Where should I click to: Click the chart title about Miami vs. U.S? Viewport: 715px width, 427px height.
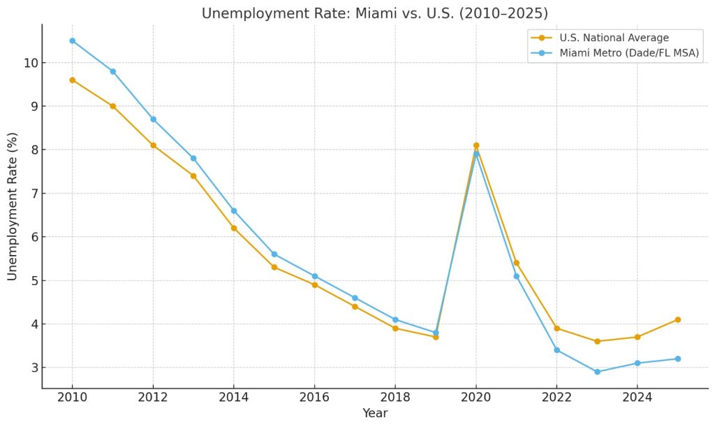click(x=375, y=13)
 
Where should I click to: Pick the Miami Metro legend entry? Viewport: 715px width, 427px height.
click(x=629, y=53)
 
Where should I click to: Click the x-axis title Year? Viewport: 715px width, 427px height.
click(x=375, y=413)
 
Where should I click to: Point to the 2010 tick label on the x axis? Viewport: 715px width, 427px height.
click(x=72, y=398)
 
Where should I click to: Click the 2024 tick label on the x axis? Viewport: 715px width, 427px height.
click(x=637, y=398)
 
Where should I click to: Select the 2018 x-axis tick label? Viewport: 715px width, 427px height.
click(x=395, y=398)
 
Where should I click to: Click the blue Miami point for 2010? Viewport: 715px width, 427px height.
click(x=72, y=41)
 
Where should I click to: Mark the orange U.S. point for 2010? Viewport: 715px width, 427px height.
click(x=72, y=80)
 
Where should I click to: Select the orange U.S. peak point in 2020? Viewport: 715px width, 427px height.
click(x=476, y=145)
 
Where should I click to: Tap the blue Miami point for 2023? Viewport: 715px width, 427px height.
click(x=597, y=372)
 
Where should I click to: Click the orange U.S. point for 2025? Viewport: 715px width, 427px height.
click(x=677, y=319)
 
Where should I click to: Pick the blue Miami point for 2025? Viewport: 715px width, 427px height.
click(x=677, y=359)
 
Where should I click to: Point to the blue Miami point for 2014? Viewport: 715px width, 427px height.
click(x=234, y=210)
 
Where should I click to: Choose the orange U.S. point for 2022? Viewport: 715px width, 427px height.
click(x=556, y=328)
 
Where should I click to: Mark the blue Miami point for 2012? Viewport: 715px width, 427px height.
click(x=153, y=119)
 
